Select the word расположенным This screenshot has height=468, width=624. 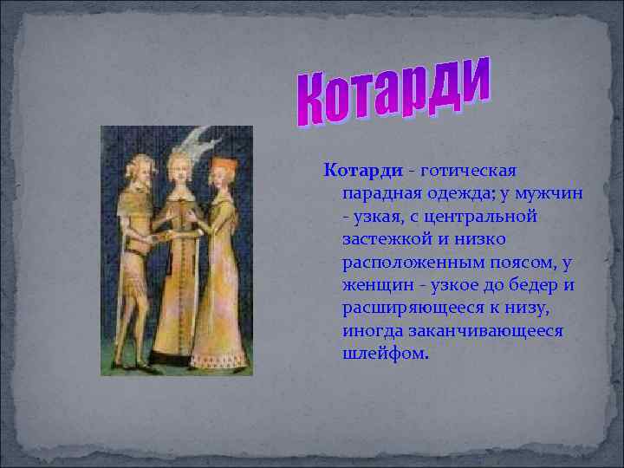407,261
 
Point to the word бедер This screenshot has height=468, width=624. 527,284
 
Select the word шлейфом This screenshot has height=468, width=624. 385,354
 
